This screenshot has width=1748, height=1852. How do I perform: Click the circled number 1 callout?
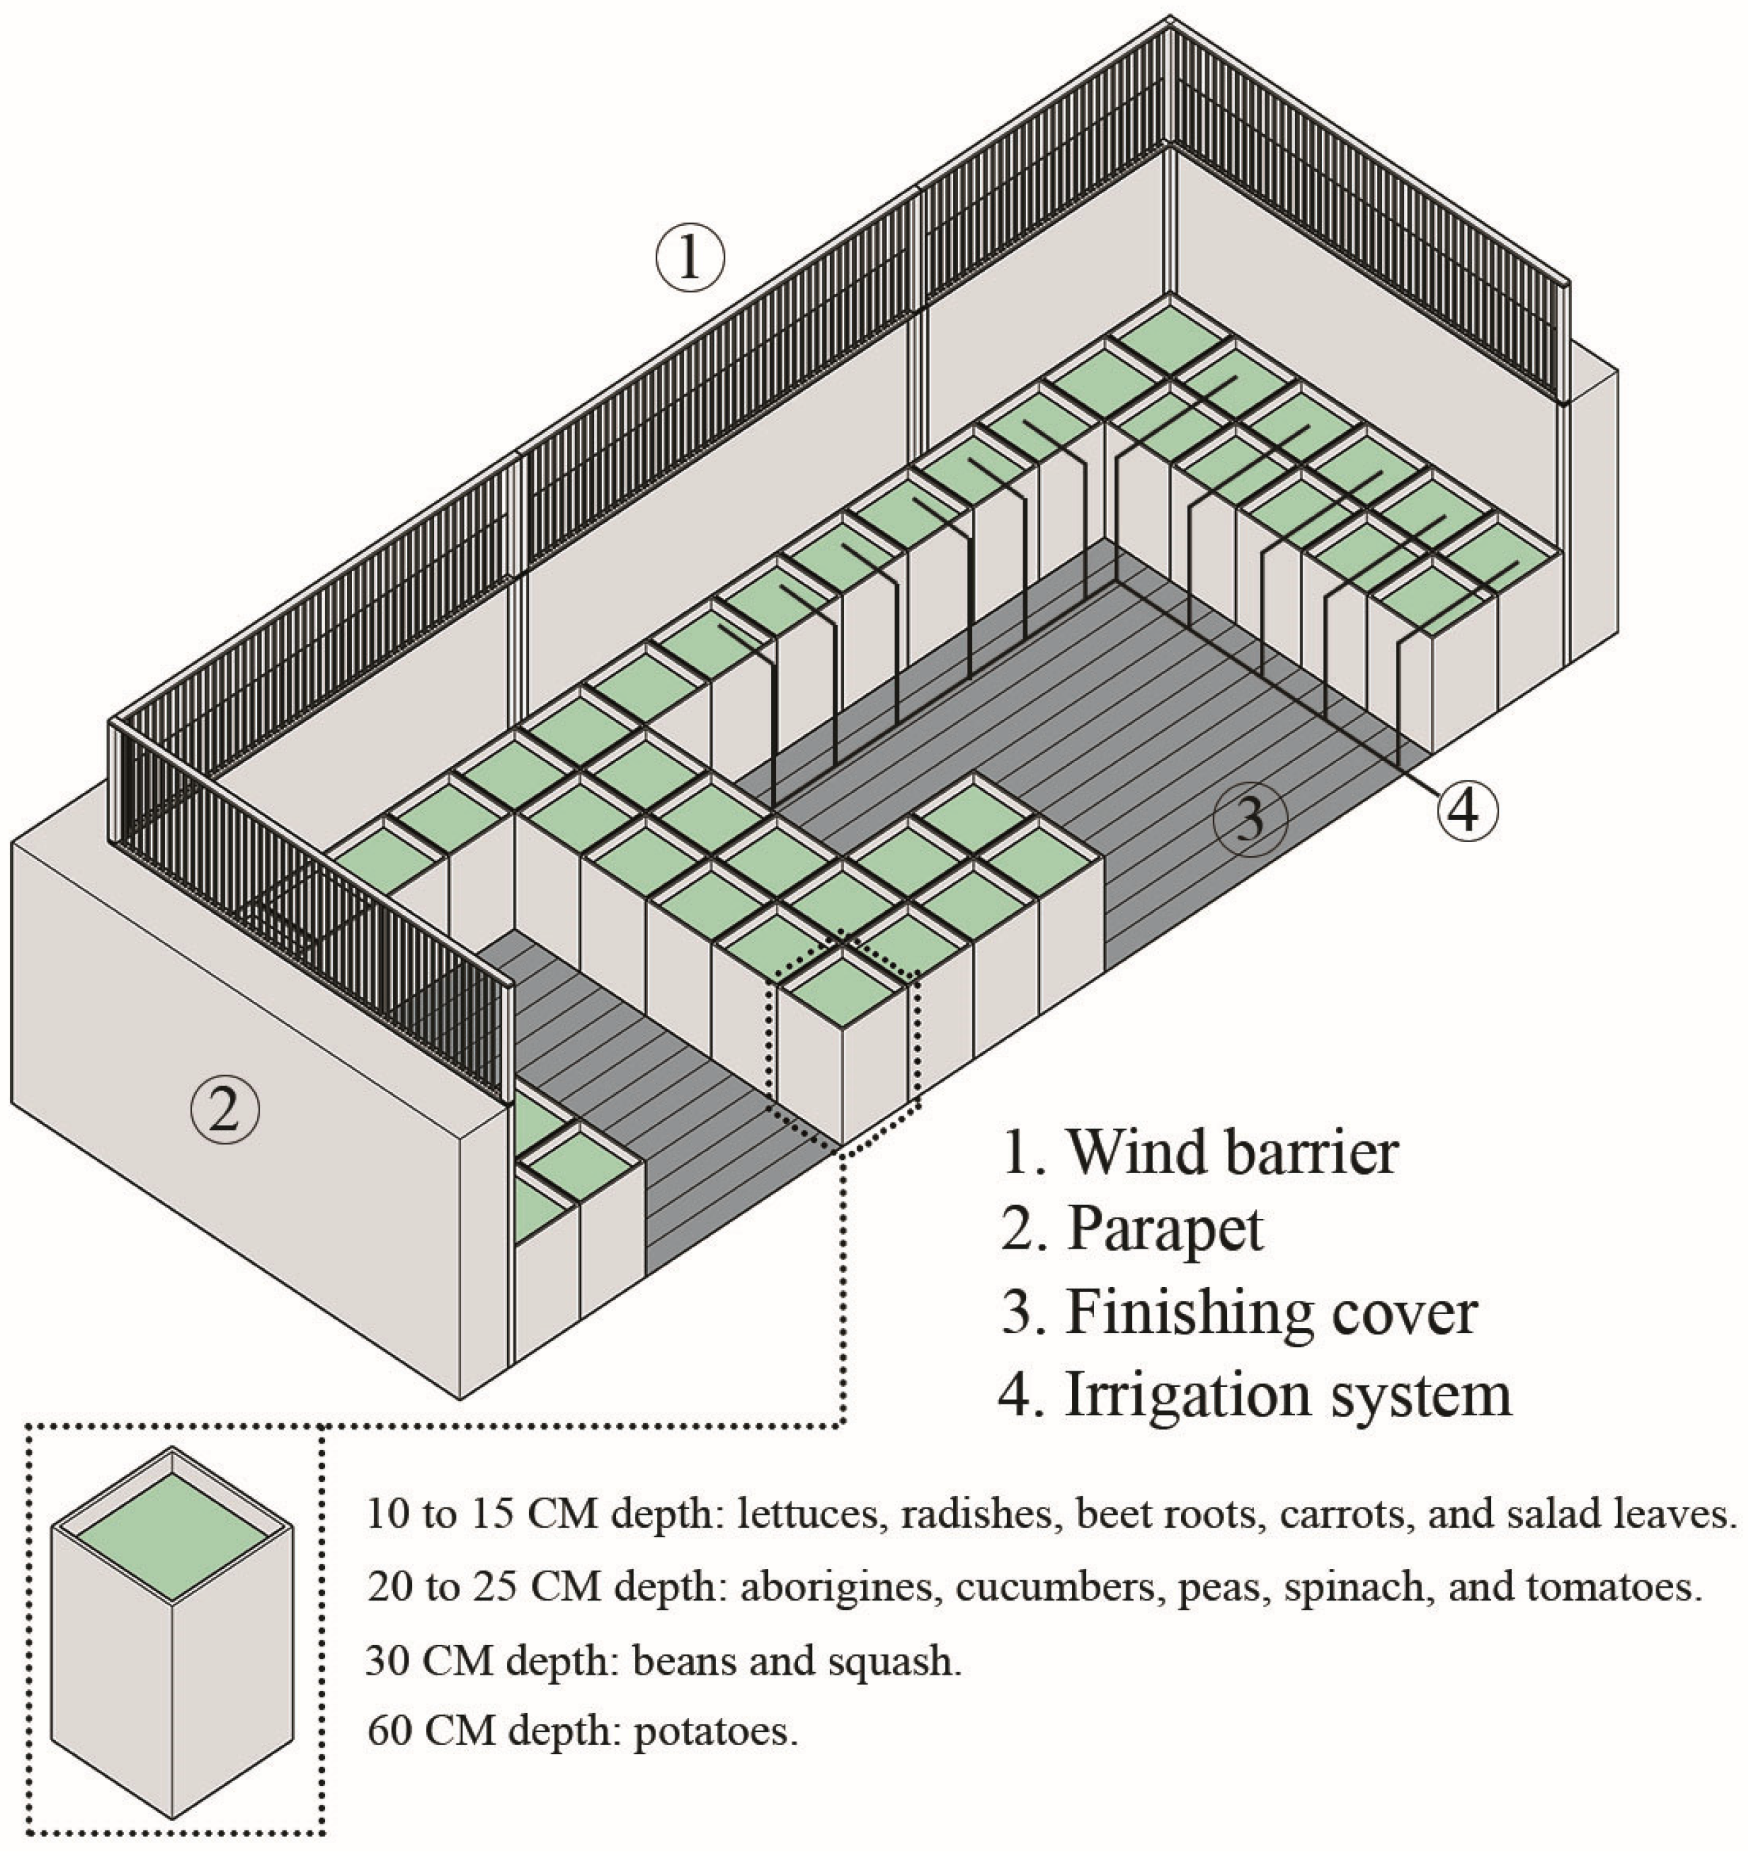click(690, 258)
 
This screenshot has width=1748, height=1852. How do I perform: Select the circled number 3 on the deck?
click(1250, 817)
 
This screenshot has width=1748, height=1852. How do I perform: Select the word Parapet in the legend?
click(1165, 1229)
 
